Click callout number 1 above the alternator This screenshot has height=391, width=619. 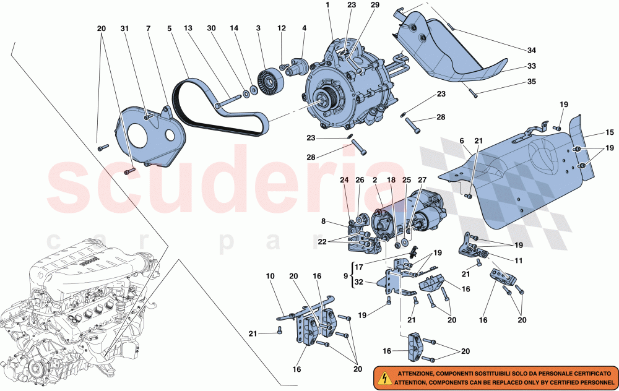tap(327, 5)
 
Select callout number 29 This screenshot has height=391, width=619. tap(374, 5)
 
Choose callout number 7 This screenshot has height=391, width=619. tap(149, 29)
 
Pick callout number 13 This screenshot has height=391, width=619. tap(189, 29)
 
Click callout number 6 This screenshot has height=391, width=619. tap(461, 142)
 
